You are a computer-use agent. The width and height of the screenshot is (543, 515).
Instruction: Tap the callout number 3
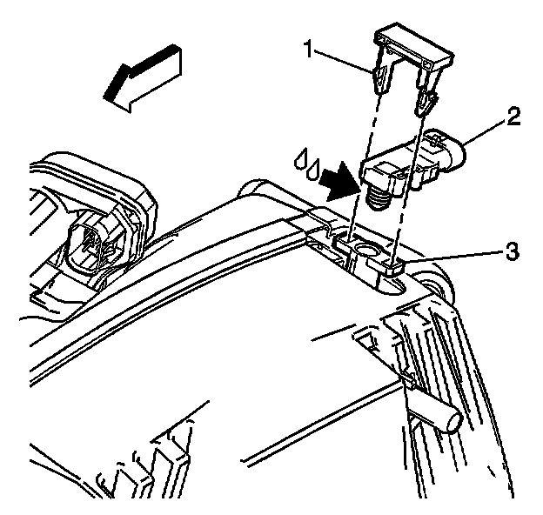515,252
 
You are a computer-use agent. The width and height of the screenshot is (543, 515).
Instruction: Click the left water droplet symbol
300,158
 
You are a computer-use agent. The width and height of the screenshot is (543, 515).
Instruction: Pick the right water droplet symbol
314,164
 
